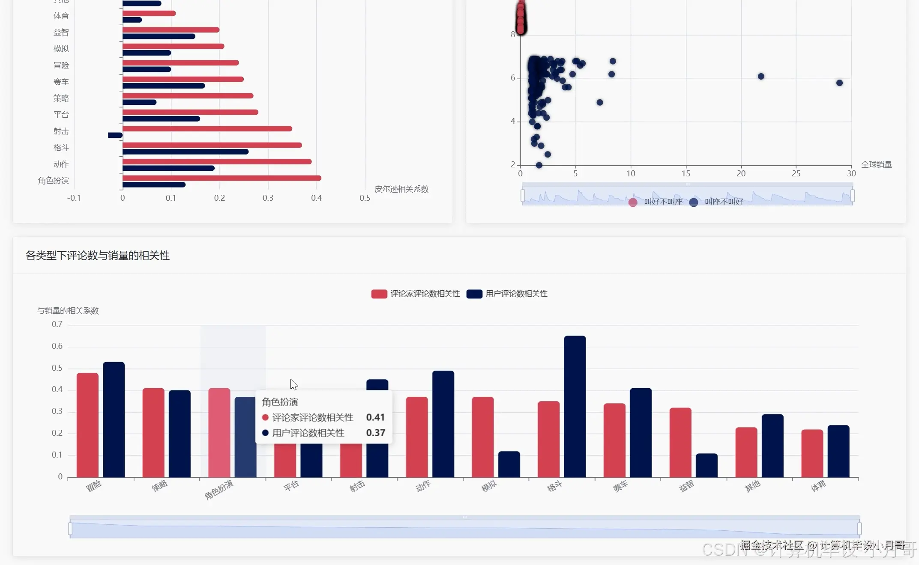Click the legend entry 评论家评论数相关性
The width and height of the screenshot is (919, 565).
click(416, 294)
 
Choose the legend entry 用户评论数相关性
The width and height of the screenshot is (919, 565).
click(507, 294)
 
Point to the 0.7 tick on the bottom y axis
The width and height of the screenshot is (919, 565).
click(57, 324)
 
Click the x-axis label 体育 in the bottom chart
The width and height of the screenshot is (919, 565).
click(818, 486)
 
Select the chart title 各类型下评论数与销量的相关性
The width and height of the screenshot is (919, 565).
click(98, 256)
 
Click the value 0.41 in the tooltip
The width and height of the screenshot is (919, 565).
click(375, 417)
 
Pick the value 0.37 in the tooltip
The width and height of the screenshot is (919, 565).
click(375, 433)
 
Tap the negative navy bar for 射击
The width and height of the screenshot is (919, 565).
click(115, 135)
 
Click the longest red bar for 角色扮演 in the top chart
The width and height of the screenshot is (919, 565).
click(222, 178)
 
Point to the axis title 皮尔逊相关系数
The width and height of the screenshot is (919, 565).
click(401, 189)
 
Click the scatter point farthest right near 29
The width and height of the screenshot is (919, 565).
click(839, 83)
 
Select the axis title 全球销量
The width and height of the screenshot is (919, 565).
click(876, 165)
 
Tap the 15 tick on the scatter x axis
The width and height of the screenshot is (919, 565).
click(686, 173)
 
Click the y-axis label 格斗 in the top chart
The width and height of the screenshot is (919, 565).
click(61, 148)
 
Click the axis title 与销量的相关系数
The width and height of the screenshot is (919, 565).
click(68, 311)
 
